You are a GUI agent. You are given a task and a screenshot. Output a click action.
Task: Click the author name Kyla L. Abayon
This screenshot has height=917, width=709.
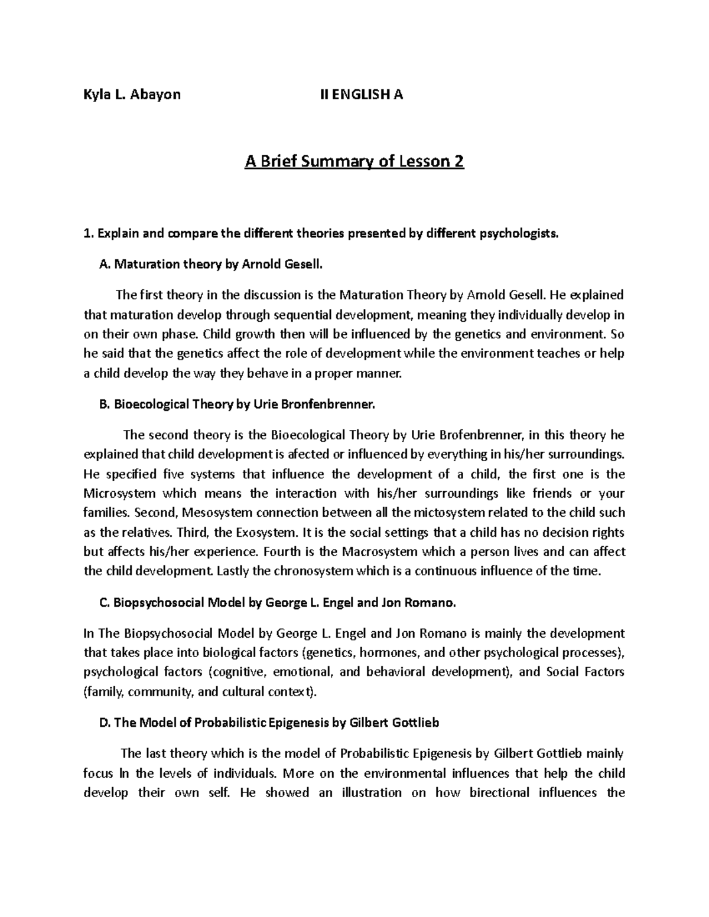click(x=132, y=94)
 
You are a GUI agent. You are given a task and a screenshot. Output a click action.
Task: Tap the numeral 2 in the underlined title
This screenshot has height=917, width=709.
click(x=458, y=162)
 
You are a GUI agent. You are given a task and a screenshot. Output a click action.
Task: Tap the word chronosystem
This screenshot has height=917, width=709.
click(x=312, y=572)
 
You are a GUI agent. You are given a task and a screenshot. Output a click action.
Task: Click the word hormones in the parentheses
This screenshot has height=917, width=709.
click(x=386, y=653)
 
